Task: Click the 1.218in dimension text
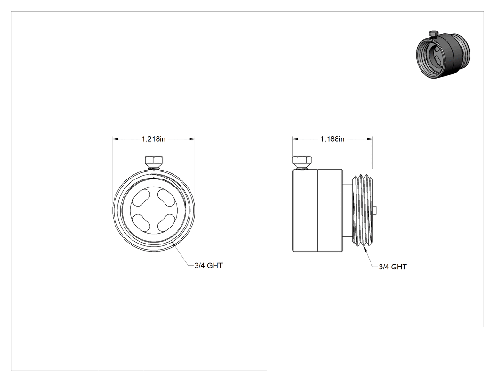[153, 139]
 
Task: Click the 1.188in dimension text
[332, 139]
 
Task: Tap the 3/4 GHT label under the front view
[208, 266]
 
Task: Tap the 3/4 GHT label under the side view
[392, 267]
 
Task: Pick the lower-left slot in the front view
[141, 222]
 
